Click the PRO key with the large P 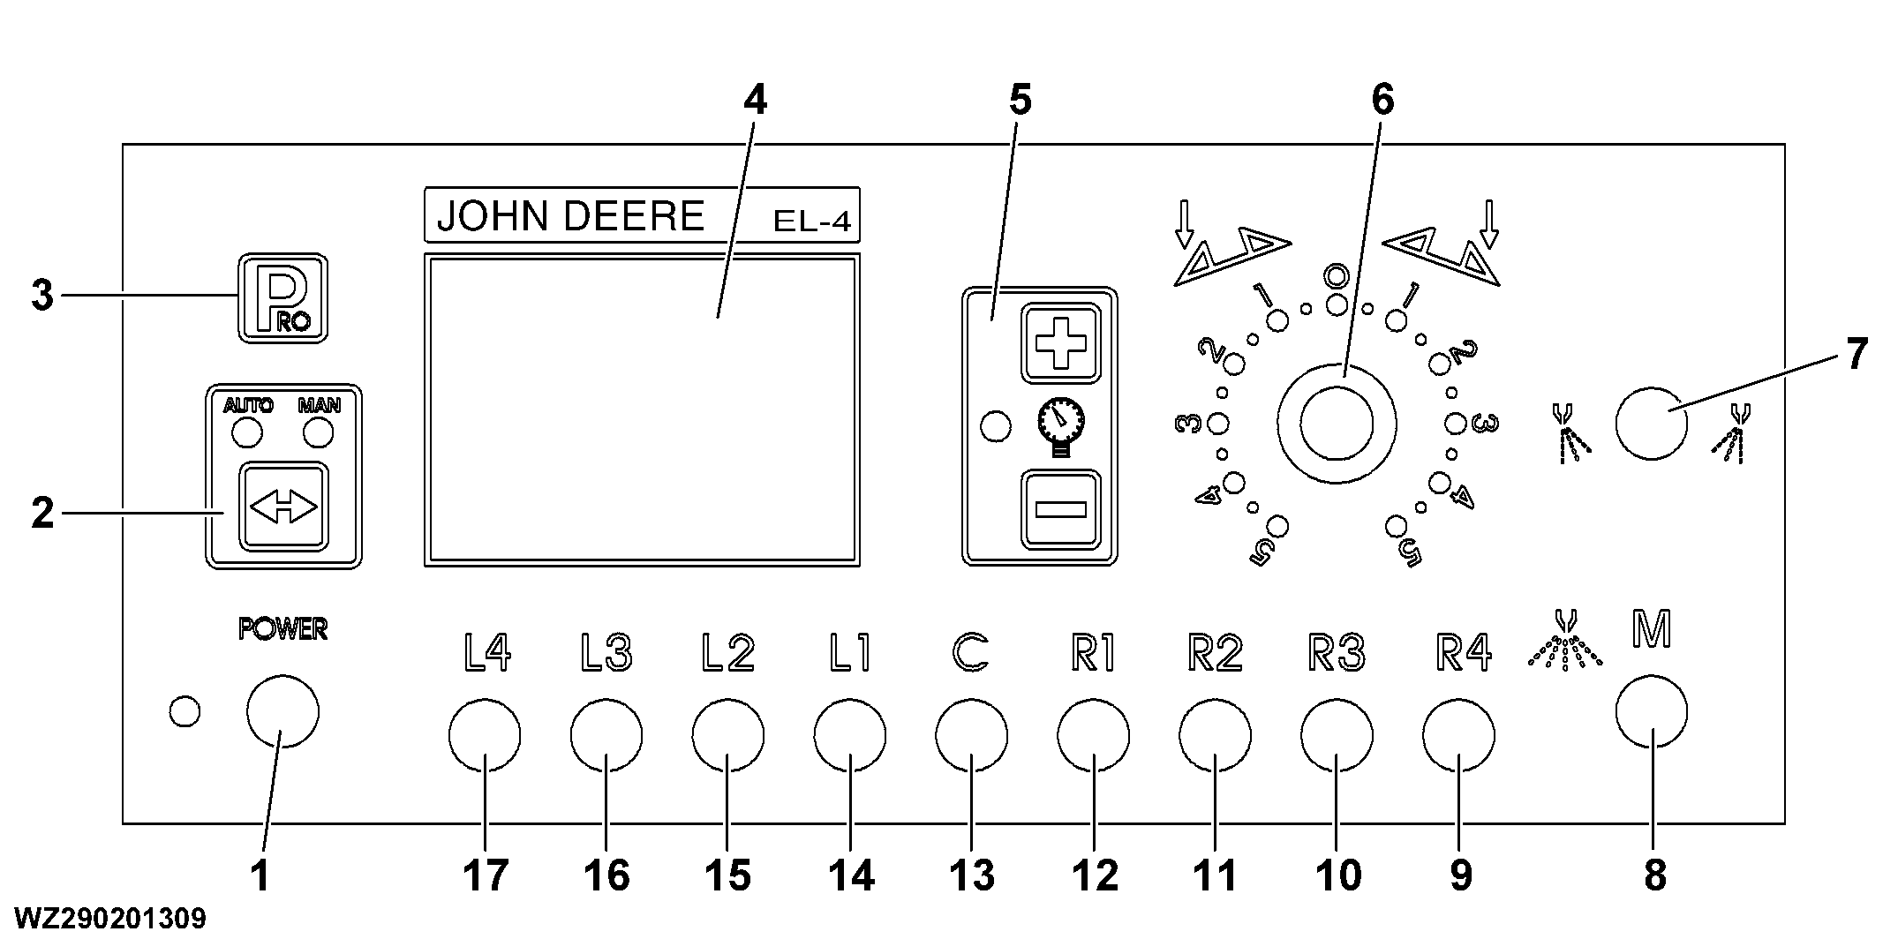(x=282, y=298)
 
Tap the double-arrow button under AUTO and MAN (x=283, y=507)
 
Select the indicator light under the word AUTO (x=246, y=433)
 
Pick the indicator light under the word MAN (x=318, y=433)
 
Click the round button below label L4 (x=485, y=735)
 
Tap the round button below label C (x=971, y=735)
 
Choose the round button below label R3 (x=1337, y=735)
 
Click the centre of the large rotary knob (x=1337, y=424)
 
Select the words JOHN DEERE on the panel (x=571, y=216)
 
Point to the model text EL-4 (x=811, y=221)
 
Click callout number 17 (x=485, y=876)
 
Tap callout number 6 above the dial (x=1382, y=101)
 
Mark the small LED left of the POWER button (x=185, y=711)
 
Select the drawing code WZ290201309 (x=110, y=918)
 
